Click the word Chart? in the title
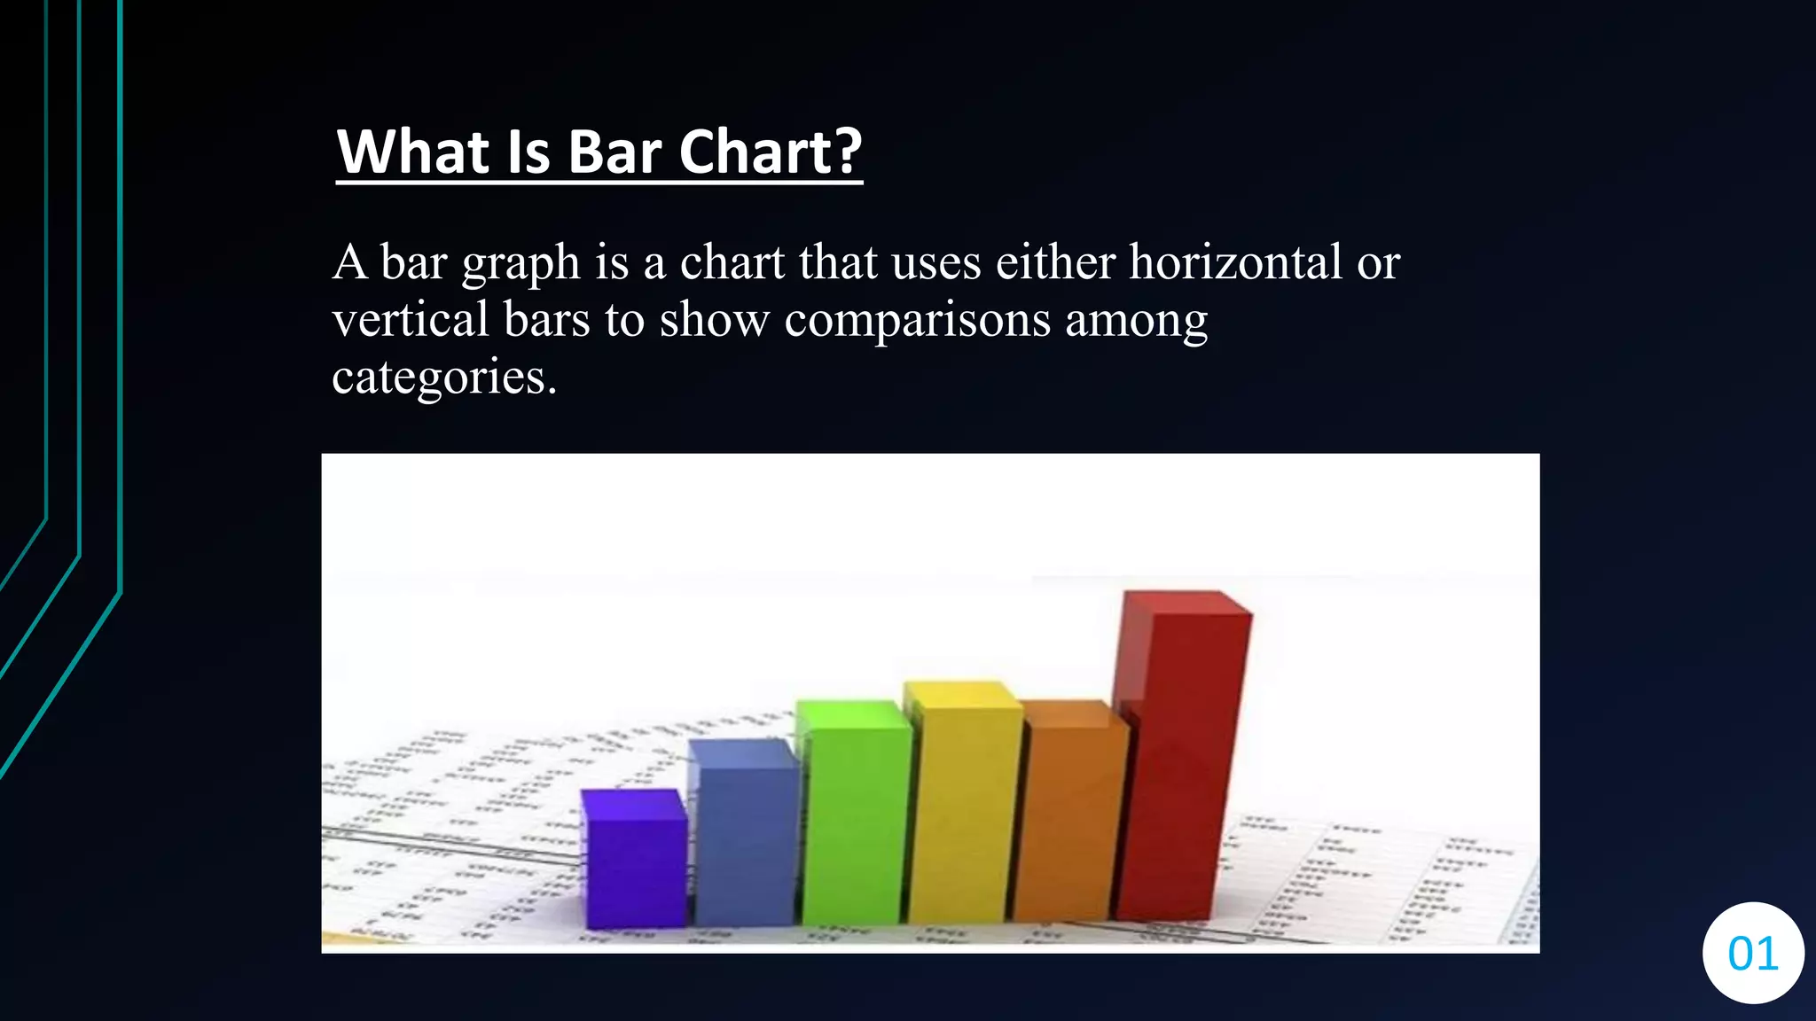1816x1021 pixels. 770,152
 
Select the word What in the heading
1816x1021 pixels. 413,152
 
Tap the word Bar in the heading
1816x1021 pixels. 614,152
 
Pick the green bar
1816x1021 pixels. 853,815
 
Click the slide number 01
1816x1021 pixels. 1753,954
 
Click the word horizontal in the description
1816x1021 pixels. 1235,262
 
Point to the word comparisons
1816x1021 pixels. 917,321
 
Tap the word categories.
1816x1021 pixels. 443,378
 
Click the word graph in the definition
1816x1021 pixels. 521,264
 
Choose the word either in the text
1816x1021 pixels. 1055,262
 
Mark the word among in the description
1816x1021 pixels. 1136,321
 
